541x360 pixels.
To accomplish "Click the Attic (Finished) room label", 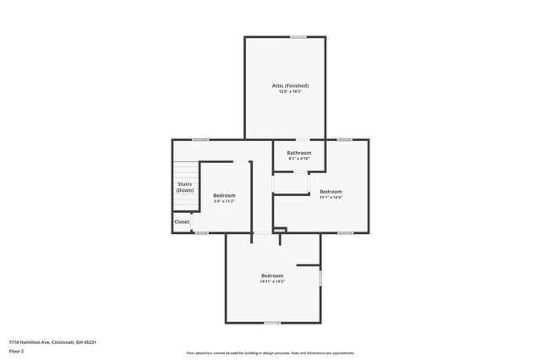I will click(x=290, y=85).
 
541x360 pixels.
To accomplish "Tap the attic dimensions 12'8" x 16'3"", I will click(x=290, y=91).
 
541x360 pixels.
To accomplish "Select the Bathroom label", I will click(x=299, y=153).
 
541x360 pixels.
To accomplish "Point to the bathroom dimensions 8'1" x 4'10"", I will click(x=299, y=159).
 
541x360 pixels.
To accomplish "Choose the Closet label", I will click(x=182, y=221).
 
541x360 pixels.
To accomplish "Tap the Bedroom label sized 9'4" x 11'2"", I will click(x=224, y=195).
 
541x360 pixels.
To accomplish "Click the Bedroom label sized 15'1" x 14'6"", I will click(x=331, y=191).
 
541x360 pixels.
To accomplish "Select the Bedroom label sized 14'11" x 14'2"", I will click(x=272, y=275).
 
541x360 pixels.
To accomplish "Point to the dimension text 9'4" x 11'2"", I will click(x=224, y=201).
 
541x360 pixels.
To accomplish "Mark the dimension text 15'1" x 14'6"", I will click(x=331, y=197).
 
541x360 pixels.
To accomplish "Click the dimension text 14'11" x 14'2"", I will click(x=272, y=281).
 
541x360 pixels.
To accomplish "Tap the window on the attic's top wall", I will click(x=298, y=36).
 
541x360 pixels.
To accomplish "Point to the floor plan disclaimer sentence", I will click(x=270, y=352).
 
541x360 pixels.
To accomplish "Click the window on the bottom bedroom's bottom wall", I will click(x=271, y=323).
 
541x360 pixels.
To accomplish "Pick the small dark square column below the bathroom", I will click(x=281, y=229).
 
